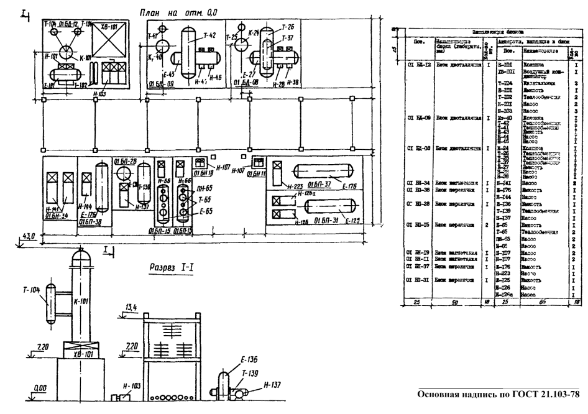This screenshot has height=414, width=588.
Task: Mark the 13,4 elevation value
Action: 131,307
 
